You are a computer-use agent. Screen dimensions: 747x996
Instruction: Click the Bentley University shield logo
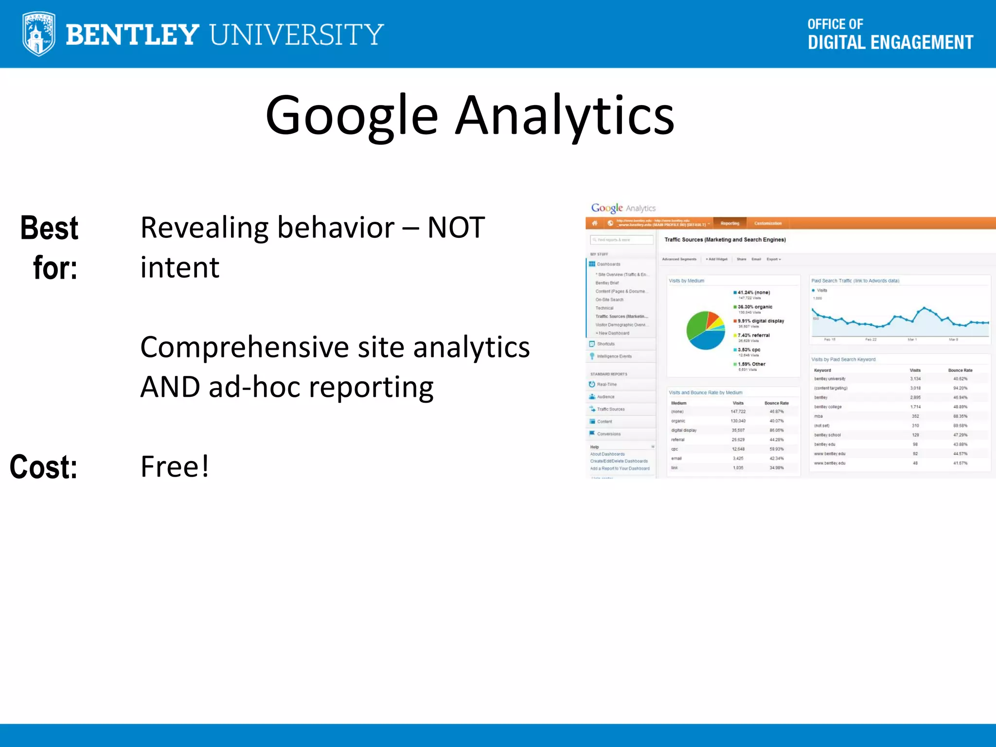tap(38, 34)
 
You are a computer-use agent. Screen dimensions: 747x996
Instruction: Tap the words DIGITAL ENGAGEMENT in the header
tap(890, 43)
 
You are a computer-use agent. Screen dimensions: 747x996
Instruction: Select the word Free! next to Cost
tap(175, 466)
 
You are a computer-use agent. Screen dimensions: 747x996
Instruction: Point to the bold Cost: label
tap(44, 467)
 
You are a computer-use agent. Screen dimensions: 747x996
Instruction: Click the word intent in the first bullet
tap(180, 267)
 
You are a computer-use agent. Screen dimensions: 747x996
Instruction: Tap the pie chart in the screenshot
tap(706, 330)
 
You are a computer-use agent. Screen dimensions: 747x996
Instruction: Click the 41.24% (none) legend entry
tap(753, 292)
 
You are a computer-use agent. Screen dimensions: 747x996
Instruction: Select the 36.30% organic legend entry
tap(754, 307)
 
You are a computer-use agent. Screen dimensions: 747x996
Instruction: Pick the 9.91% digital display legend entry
tap(760, 321)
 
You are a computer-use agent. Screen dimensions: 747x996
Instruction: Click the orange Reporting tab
tap(729, 223)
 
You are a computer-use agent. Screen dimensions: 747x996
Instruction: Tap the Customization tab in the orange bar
tap(768, 223)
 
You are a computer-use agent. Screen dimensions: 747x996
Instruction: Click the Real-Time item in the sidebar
tap(606, 384)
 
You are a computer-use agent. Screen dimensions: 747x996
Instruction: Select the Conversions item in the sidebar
tap(608, 434)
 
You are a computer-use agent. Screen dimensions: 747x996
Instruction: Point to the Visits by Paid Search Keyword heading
tap(843, 359)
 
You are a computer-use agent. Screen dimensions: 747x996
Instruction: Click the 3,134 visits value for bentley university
tap(915, 379)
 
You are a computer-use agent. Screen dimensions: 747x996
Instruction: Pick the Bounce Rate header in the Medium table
tap(776, 403)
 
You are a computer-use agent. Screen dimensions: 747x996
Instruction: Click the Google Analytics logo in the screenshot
tap(623, 208)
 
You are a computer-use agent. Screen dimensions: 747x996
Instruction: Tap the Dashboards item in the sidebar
tap(608, 264)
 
